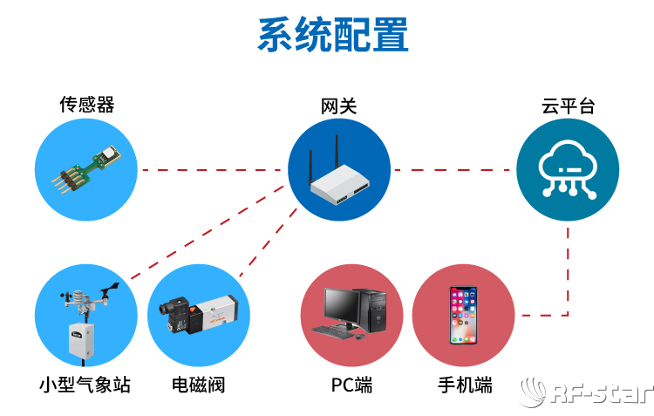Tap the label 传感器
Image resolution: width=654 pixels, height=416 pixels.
coord(86,106)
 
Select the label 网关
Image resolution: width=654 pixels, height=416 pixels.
coord(338,106)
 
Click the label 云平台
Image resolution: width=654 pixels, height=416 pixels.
coord(568,106)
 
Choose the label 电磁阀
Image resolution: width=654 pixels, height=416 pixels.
coord(200,385)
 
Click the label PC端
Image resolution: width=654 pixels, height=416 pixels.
coord(351,385)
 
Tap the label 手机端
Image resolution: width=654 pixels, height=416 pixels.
coord(464,385)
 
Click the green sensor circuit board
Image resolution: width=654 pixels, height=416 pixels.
coord(87,169)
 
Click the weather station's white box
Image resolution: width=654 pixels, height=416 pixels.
coord(81,341)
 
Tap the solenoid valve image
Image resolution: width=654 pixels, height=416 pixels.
coord(199,315)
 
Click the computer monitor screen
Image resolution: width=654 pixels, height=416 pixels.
coord(340,304)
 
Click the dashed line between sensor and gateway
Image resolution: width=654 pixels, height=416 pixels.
coord(213,169)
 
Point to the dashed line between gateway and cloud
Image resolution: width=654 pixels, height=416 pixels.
coord(453,169)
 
